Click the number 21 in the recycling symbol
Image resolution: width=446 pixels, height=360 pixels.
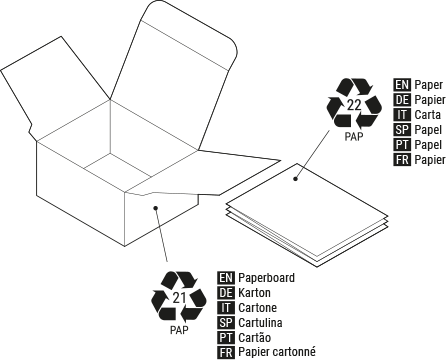click(179, 297)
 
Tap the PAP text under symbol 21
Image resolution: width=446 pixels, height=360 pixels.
click(179, 329)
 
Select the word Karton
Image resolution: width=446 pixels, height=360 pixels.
click(255, 292)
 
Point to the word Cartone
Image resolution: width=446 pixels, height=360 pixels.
click(258, 307)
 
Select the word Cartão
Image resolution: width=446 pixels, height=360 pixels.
click(256, 337)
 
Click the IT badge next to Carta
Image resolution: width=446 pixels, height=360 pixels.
click(402, 115)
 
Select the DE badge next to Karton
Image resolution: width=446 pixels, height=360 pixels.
click(225, 292)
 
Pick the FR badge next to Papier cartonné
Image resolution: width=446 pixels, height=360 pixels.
click(225, 352)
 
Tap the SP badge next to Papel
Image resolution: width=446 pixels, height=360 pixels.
click(402, 130)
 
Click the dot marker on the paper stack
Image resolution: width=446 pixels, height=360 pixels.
click(296, 179)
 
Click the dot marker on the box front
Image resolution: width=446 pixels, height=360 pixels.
click(155, 208)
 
